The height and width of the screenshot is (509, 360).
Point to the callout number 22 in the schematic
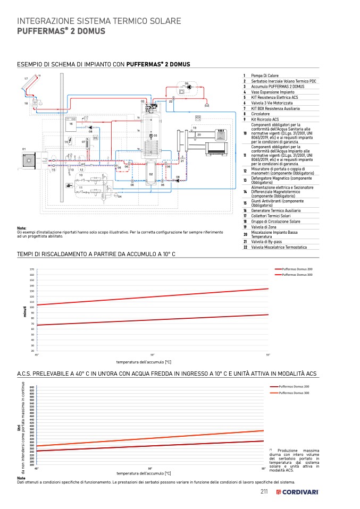click(171, 101)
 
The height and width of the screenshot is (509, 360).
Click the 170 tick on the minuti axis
click(32, 270)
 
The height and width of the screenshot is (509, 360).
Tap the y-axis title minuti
click(25, 312)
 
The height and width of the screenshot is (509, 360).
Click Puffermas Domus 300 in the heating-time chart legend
click(297, 275)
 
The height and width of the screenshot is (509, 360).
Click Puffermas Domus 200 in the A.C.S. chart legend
click(294, 386)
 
